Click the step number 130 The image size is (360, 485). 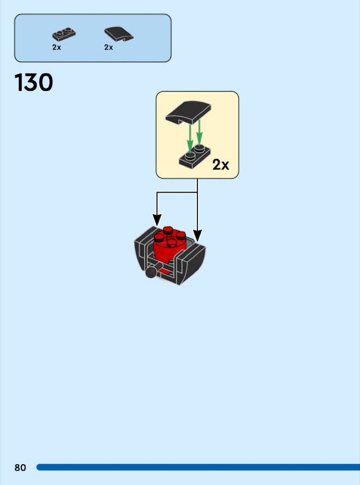[x=33, y=82]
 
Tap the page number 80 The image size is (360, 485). [x=20, y=467]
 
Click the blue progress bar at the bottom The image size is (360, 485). [x=198, y=467]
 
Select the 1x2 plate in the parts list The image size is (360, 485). [x=64, y=34]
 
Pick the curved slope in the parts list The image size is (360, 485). [x=119, y=34]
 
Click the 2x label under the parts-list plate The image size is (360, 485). [x=57, y=47]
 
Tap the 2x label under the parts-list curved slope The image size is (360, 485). [x=109, y=47]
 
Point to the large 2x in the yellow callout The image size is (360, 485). [x=221, y=165]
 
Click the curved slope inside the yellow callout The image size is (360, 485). [x=188, y=113]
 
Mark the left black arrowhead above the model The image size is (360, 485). [x=157, y=220]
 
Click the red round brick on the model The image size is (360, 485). [x=170, y=246]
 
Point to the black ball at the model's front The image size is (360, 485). [x=151, y=273]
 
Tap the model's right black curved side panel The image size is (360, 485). [x=190, y=263]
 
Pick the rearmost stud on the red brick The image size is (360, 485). [x=168, y=230]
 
